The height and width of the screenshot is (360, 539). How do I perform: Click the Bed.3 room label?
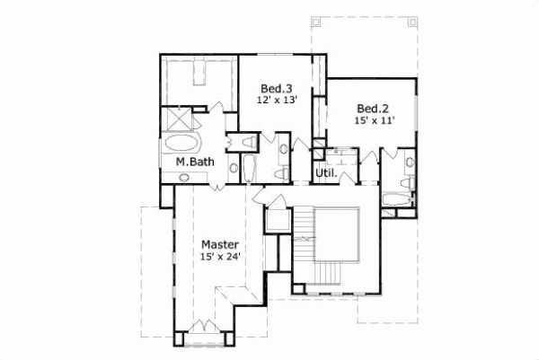[x=276, y=88]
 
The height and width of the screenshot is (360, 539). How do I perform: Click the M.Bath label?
[x=193, y=162]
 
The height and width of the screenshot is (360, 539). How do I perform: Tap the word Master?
[x=219, y=244]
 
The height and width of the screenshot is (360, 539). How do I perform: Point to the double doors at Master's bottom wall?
[x=207, y=327]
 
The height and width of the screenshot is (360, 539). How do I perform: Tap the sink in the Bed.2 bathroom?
[x=410, y=163]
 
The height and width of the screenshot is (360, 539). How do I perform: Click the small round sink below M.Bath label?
[x=185, y=177]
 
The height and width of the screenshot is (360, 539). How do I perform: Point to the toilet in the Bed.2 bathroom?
[x=408, y=183]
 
